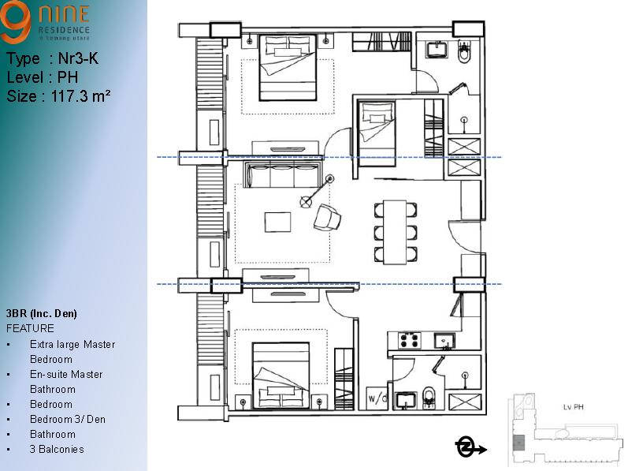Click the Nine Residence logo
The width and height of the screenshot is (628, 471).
click(45, 22)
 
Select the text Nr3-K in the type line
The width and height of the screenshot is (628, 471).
click(78, 58)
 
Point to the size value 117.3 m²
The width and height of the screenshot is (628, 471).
click(79, 96)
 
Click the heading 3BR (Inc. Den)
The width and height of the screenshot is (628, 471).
click(41, 313)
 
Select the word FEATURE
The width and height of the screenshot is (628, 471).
click(30, 328)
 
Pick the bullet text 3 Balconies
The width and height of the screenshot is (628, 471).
click(57, 449)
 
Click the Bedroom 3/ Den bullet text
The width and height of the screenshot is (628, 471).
click(67, 419)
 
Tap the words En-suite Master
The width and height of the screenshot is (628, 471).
click(66, 374)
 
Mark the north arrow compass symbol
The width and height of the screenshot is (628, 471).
click(466, 448)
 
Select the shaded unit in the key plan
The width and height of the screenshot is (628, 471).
click(518, 443)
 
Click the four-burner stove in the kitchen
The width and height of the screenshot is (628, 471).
click(409, 341)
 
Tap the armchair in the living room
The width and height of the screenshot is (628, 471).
click(327, 217)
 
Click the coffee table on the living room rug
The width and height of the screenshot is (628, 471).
click(277, 222)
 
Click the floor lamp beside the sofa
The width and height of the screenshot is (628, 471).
click(306, 202)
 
